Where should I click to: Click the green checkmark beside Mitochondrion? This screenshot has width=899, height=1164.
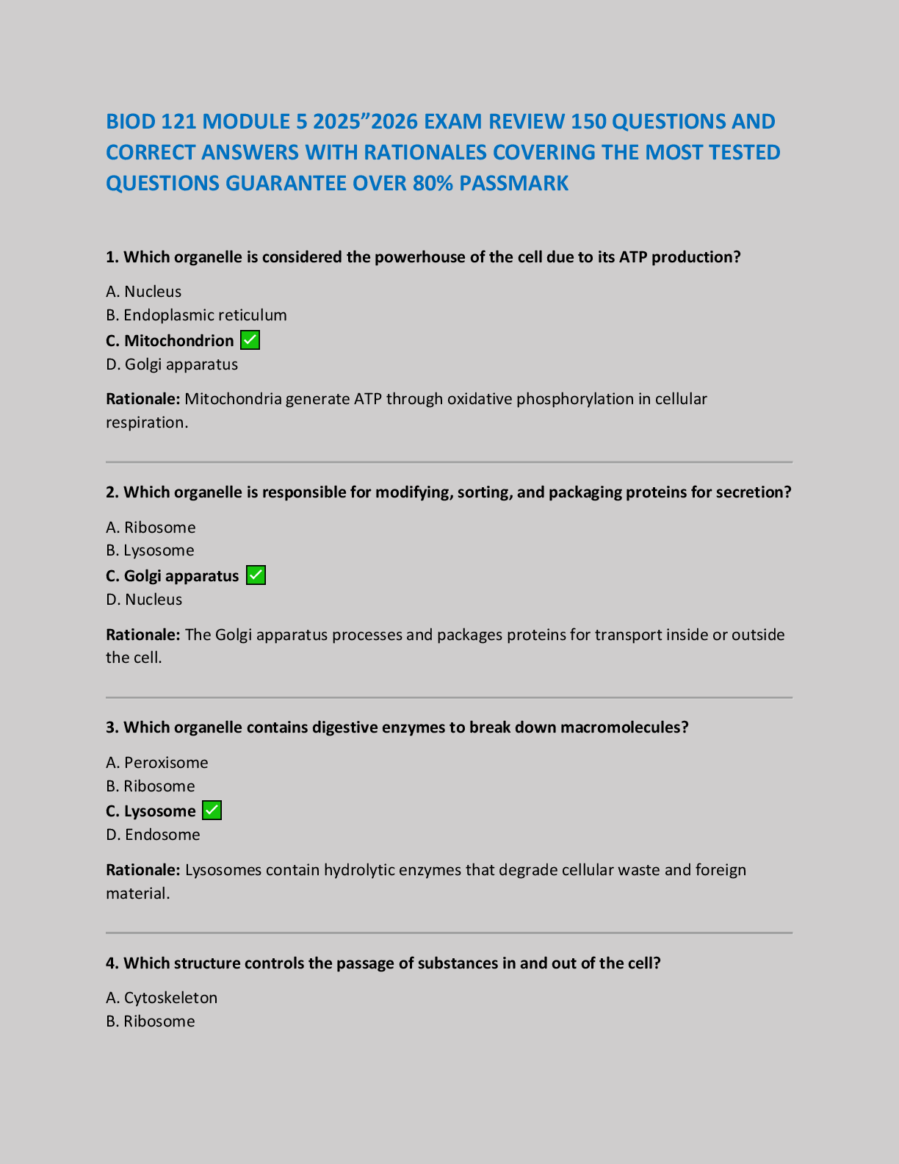pos(250,340)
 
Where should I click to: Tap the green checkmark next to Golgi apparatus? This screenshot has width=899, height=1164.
pos(256,575)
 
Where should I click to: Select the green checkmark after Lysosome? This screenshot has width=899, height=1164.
pos(212,811)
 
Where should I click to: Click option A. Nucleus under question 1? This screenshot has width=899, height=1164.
pos(144,292)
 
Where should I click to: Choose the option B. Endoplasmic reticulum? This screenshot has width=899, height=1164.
pos(196,315)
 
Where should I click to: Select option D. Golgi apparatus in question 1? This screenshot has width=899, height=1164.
pos(172,364)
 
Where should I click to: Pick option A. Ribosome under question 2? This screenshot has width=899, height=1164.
pos(151,528)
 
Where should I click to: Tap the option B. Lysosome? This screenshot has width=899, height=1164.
pos(150,550)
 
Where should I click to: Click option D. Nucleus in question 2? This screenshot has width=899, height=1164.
pos(144,600)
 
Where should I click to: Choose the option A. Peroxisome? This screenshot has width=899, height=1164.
pos(157,763)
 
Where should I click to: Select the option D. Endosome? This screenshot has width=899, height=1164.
pos(153,835)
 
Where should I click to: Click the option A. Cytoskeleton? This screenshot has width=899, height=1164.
pos(162,998)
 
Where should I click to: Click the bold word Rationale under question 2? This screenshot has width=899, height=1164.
pos(142,635)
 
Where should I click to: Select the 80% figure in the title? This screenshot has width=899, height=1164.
pos(433,183)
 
